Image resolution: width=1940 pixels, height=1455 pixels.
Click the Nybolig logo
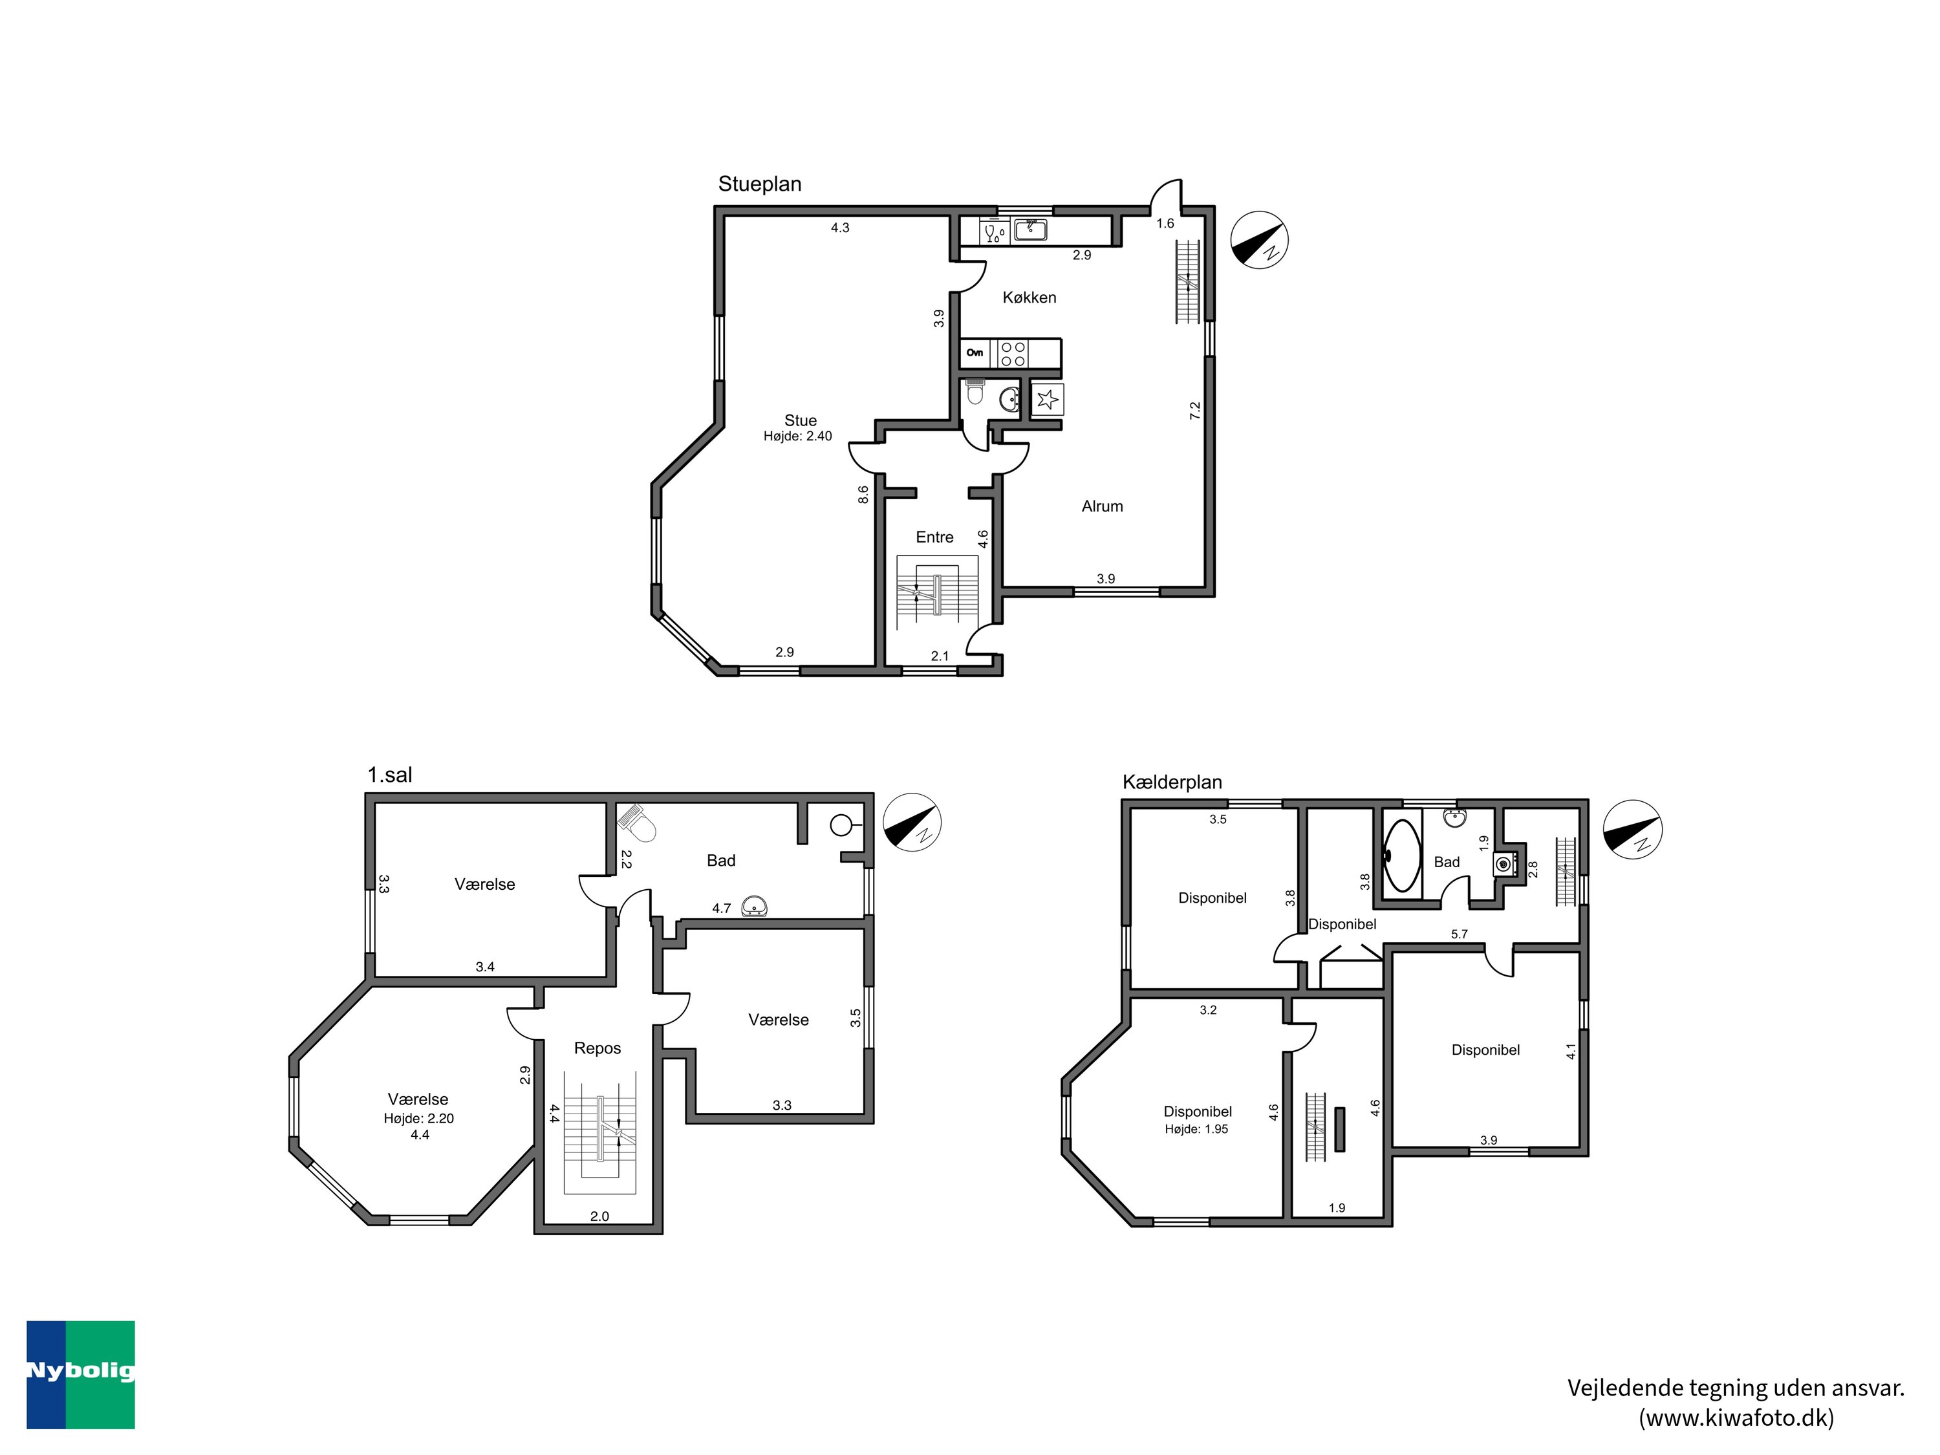pyautogui.click(x=81, y=1374)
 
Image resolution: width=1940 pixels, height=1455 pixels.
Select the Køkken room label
pyautogui.click(x=1029, y=297)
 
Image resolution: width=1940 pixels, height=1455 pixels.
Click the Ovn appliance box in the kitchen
pyautogui.click(x=975, y=352)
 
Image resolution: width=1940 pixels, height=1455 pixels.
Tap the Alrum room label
pyautogui.click(x=1101, y=506)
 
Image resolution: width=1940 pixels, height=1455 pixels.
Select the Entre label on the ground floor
pyautogui.click(x=934, y=537)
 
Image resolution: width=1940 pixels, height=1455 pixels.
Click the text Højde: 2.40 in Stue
pyautogui.click(x=797, y=436)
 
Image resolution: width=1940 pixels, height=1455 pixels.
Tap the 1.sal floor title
pyautogui.click(x=389, y=775)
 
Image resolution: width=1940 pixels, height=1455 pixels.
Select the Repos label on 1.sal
pyautogui.click(x=598, y=1048)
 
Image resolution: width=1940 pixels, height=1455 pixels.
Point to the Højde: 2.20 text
pyautogui.click(x=418, y=1118)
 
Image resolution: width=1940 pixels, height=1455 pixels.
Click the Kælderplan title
pyautogui.click(x=1172, y=781)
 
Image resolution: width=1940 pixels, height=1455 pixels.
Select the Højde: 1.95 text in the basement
pyautogui.click(x=1196, y=1128)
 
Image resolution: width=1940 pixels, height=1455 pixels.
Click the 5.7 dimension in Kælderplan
pyautogui.click(x=1458, y=934)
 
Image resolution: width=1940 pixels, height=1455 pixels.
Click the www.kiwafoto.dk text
pyautogui.click(x=1736, y=1418)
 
